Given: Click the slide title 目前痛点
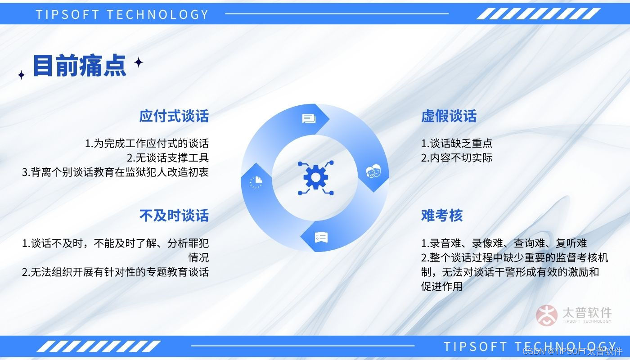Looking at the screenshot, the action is click(80, 66).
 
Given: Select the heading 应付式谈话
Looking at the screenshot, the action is click(174, 116).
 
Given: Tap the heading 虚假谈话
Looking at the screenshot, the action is click(449, 116).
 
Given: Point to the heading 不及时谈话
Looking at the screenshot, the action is click(174, 216).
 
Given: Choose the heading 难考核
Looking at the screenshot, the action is click(442, 216).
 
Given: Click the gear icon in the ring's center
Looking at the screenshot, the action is click(315, 178).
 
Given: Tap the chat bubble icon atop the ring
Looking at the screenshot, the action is click(309, 119).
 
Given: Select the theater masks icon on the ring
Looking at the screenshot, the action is click(373, 171).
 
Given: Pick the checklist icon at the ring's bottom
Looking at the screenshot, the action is click(321, 238).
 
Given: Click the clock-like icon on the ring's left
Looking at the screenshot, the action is click(256, 182).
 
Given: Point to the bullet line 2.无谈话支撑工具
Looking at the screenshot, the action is click(167, 158).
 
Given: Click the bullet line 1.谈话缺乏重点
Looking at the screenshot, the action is click(456, 144).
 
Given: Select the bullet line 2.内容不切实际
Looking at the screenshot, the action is click(456, 158).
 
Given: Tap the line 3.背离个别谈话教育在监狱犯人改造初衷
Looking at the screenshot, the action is click(115, 172).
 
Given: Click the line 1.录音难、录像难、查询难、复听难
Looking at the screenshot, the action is click(504, 243).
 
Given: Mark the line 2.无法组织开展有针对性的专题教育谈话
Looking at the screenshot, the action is click(115, 272).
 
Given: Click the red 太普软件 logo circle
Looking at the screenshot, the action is click(546, 315).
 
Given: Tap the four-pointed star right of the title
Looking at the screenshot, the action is click(139, 62).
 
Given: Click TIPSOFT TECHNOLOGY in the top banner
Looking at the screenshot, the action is click(122, 14).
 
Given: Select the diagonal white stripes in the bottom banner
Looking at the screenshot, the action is click(99, 346).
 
